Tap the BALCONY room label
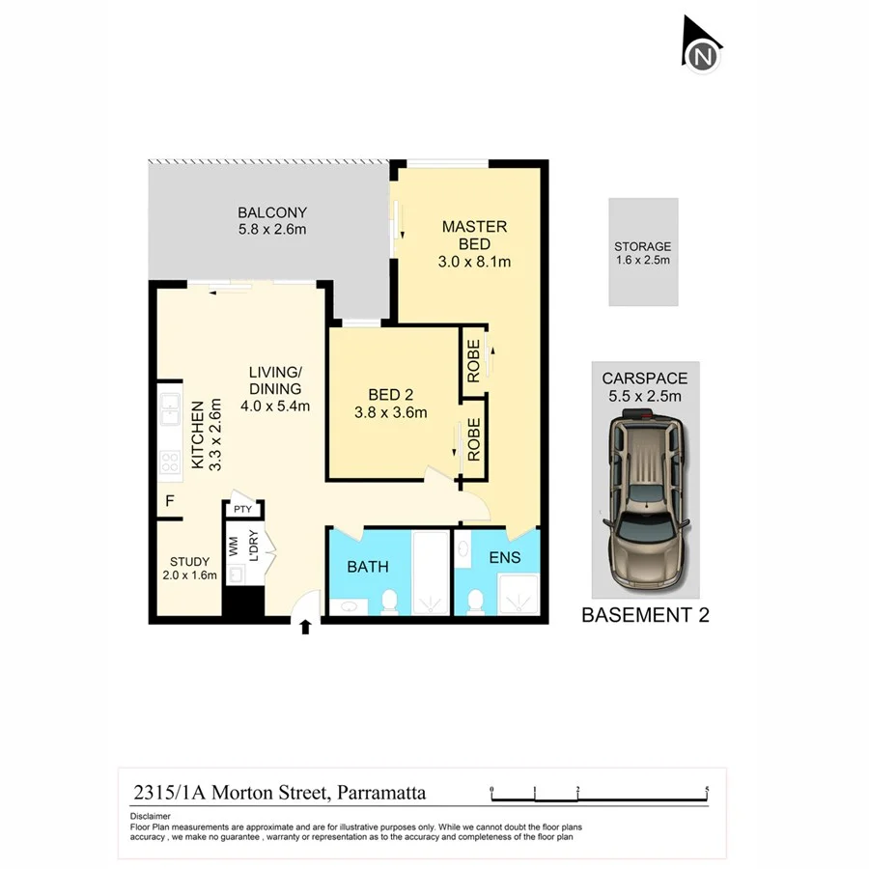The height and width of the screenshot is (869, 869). pyautogui.click(x=272, y=213)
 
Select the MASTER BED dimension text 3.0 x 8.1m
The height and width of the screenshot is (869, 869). pyautogui.click(x=474, y=262)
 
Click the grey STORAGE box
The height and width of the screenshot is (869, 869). pyautogui.click(x=643, y=252)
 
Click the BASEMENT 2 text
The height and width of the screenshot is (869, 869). pyautogui.click(x=645, y=615)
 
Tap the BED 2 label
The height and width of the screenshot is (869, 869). pyautogui.click(x=391, y=394)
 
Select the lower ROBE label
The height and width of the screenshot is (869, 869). pyautogui.click(x=474, y=439)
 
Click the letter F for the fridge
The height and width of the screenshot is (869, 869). pyautogui.click(x=170, y=501)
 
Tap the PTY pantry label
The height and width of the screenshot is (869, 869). pyautogui.click(x=242, y=509)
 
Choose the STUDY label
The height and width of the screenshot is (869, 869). pyautogui.click(x=189, y=561)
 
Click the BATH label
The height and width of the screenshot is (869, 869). pyautogui.click(x=368, y=567)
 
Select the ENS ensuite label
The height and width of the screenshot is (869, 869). pyautogui.click(x=504, y=557)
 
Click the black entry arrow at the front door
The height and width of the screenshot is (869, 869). pyautogui.click(x=305, y=627)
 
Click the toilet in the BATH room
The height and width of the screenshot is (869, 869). pyautogui.click(x=389, y=603)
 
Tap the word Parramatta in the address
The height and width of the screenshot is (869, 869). pyautogui.click(x=380, y=794)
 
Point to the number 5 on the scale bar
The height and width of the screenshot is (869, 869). pyautogui.click(x=708, y=789)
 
